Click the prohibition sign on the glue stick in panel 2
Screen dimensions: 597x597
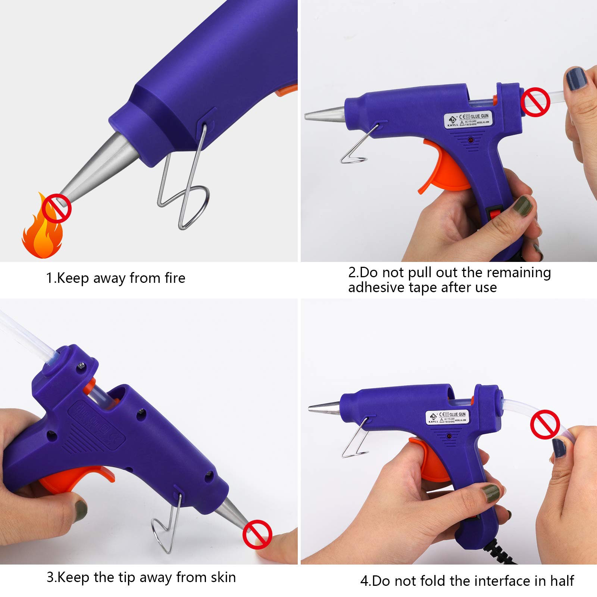pos(535,102)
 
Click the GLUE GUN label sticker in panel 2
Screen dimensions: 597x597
pos(468,120)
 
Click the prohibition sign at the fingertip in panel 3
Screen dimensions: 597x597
pos(257,534)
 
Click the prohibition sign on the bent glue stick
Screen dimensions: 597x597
pos(545,424)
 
